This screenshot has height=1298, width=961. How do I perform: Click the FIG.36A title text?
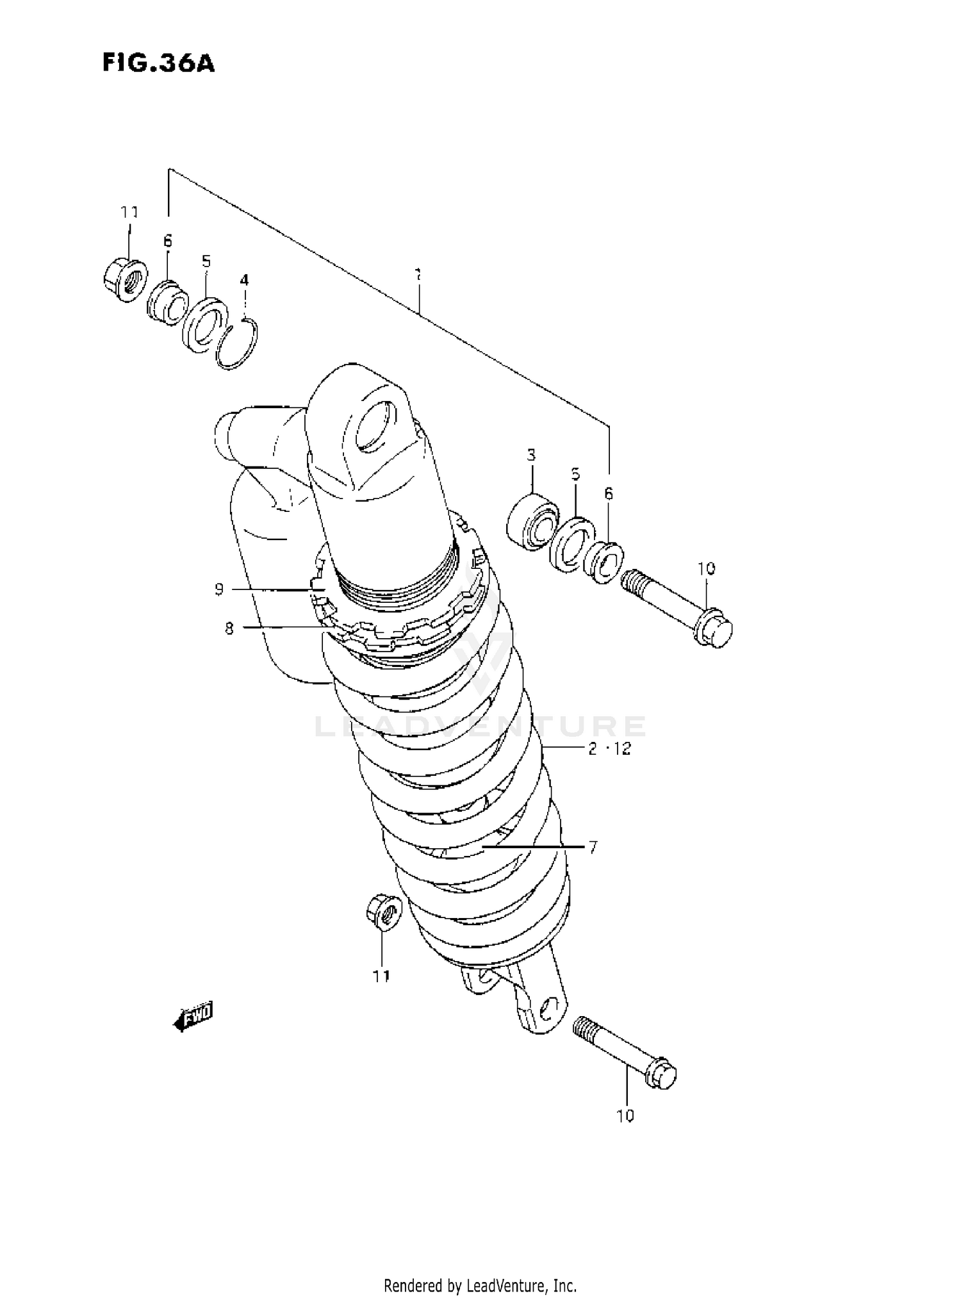tap(158, 64)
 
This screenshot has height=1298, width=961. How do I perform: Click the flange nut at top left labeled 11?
tap(124, 281)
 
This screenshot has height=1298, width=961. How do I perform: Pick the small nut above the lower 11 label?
tap(383, 912)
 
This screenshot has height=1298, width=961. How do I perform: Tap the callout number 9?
tap(219, 589)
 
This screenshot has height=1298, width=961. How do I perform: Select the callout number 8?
tap(229, 628)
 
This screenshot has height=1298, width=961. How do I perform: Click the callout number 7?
tap(593, 848)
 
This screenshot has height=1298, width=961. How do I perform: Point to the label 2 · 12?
tap(609, 748)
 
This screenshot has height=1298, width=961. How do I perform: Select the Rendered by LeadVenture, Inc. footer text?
tap(480, 1285)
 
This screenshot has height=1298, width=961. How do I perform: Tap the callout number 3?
tap(531, 455)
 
